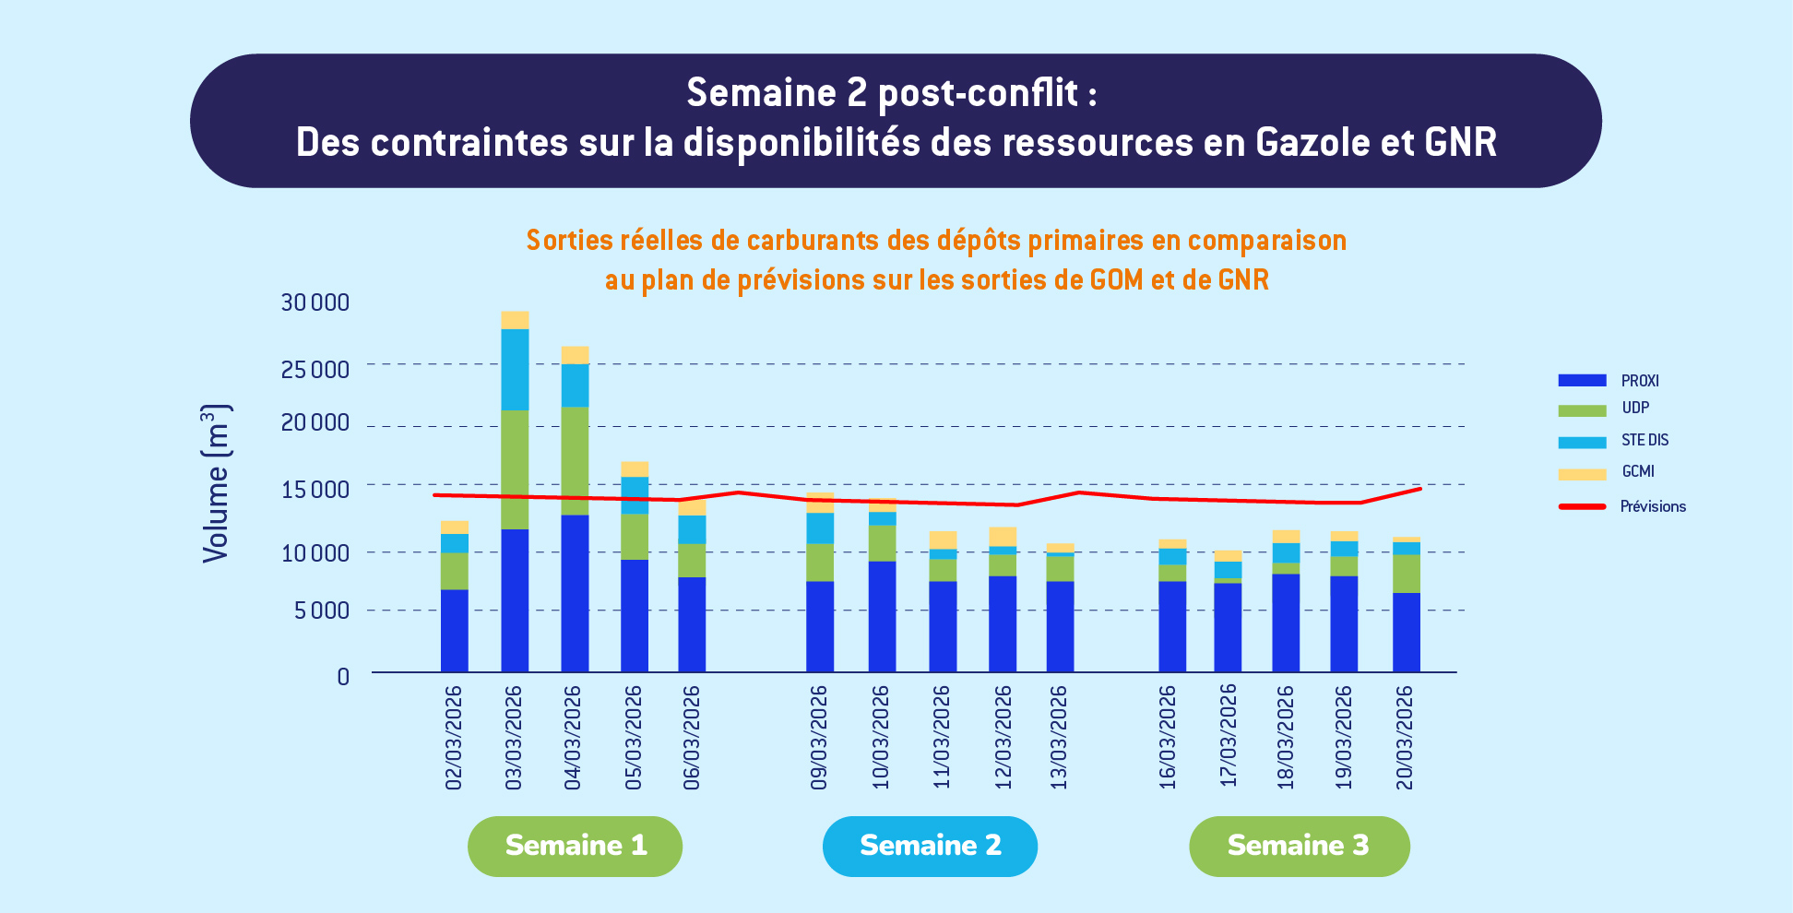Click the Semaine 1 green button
pyautogui.click(x=575, y=846)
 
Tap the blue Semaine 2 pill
pyautogui.click(x=930, y=846)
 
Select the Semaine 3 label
pyautogui.click(x=1299, y=846)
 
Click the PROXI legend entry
pyautogui.click(x=1639, y=381)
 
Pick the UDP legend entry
pyautogui.click(x=1634, y=408)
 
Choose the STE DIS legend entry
pyautogui.click(x=1644, y=440)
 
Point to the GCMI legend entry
pyautogui.click(x=1637, y=471)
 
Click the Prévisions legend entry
pyautogui.click(x=1652, y=506)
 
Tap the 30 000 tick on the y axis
pyautogui.click(x=315, y=302)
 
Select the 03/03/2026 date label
pyautogui.click(x=514, y=738)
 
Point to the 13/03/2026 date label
pyautogui.click(x=1059, y=738)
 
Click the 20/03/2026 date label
pyautogui.click(x=1405, y=738)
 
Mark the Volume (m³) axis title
pyautogui.click(x=216, y=483)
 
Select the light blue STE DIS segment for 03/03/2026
pyautogui.click(x=515, y=369)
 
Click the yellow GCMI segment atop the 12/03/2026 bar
pyautogui.click(x=1003, y=536)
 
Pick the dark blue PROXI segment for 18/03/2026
pyautogui.click(x=1286, y=622)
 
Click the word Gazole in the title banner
pyautogui.click(x=1313, y=143)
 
